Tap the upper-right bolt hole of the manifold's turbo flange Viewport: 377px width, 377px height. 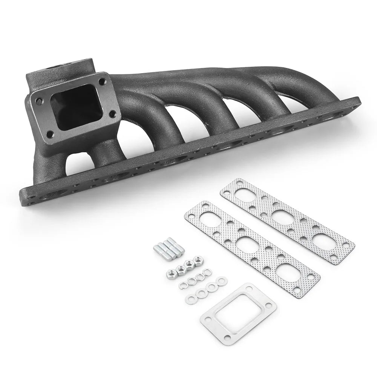click(x=103, y=81)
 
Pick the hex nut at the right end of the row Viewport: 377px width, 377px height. click(x=196, y=260)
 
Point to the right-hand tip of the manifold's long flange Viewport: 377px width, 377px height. click(x=359, y=101)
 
